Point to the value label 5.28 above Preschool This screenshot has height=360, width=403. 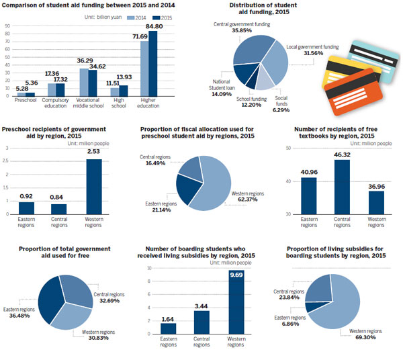21,87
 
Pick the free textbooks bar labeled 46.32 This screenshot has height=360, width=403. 342,187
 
